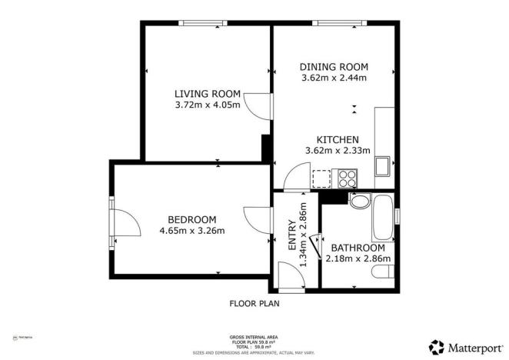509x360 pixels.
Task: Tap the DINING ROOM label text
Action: (x=334, y=67)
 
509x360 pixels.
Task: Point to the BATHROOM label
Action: (x=358, y=248)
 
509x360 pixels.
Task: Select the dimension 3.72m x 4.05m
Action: (x=208, y=104)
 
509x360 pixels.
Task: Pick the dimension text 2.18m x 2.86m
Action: (x=358, y=258)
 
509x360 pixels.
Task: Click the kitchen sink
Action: (x=382, y=165)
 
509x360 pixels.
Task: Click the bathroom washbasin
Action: (x=358, y=202)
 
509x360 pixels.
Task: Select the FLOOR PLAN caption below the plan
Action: (x=254, y=303)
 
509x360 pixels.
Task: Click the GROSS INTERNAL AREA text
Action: (x=254, y=337)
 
